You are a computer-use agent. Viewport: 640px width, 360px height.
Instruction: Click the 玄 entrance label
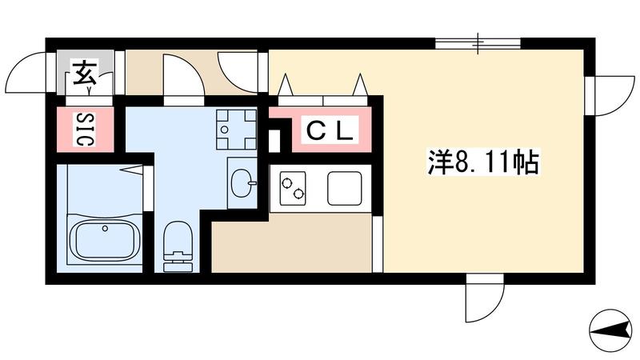click(x=85, y=74)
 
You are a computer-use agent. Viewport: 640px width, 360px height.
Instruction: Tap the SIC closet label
click(x=86, y=130)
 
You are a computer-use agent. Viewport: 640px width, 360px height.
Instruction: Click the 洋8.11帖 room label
click(x=483, y=162)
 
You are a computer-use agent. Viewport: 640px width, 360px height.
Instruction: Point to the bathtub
click(x=106, y=241)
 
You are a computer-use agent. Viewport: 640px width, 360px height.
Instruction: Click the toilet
click(x=178, y=246)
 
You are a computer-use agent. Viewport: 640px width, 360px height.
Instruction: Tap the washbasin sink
click(x=242, y=183)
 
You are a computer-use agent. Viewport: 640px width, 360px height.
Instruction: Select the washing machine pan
click(x=236, y=130)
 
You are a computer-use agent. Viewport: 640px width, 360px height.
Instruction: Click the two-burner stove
click(x=293, y=188)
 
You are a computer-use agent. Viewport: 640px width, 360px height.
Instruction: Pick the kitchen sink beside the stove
click(x=345, y=188)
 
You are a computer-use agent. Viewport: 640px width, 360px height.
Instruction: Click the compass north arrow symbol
click(x=610, y=330)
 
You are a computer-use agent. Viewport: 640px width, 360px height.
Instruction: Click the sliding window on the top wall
click(x=478, y=43)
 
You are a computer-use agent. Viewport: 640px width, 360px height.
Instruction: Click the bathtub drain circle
click(x=105, y=229)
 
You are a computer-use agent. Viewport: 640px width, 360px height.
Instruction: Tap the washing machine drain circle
click(x=224, y=130)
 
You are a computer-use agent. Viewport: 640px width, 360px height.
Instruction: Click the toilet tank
click(x=178, y=263)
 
